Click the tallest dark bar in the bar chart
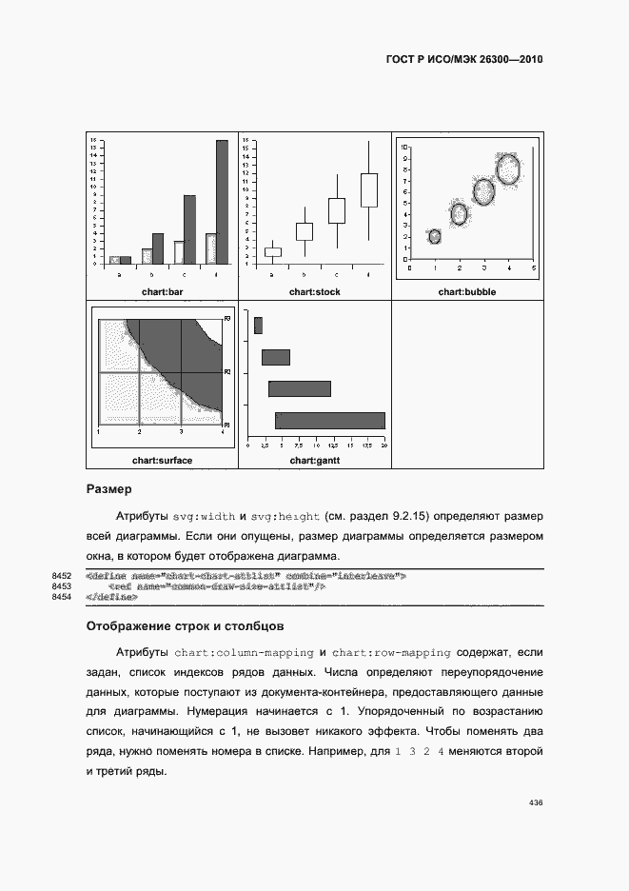[x=222, y=202]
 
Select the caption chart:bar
[x=162, y=291]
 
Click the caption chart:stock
[x=314, y=291]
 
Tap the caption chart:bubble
[x=466, y=291]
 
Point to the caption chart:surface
[x=162, y=461]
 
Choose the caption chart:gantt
[x=314, y=461]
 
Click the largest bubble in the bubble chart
[x=509, y=169]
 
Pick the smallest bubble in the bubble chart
[x=435, y=236]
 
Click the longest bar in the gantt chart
[x=330, y=420]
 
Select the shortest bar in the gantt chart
[x=258, y=326]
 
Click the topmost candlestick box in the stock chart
[x=368, y=189]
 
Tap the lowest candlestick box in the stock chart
[x=272, y=252]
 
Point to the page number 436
[x=535, y=803]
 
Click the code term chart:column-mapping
[x=244, y=653]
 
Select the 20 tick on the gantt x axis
[x=383, y=445]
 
